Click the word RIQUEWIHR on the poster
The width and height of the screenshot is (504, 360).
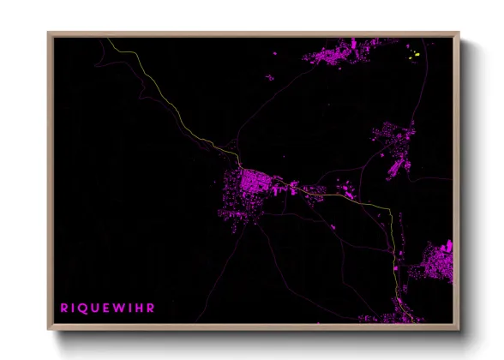click(107, 306)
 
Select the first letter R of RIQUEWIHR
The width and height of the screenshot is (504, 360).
click(63, 306)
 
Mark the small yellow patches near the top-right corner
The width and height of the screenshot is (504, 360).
click(415, 56)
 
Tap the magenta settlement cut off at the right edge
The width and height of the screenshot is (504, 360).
click(439, 262)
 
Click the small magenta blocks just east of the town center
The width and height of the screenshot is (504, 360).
click(282, 183)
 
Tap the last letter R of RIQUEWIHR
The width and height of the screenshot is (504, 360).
click(152, 306)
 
